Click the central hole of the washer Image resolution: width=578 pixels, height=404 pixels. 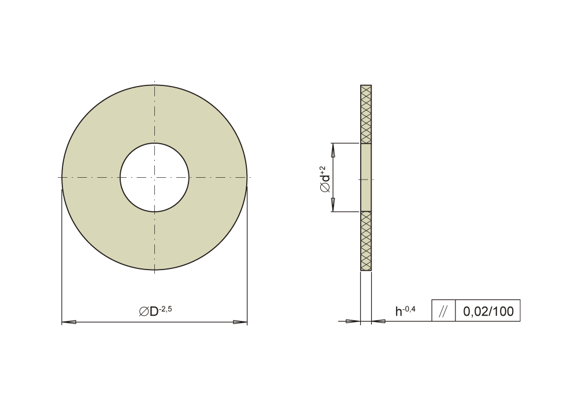(x=154, y=178)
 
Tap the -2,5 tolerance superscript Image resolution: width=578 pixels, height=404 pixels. (x=165, y=309)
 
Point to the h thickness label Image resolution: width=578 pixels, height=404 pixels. (x=398, y=312)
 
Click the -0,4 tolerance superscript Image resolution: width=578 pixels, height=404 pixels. (x=409, y=309)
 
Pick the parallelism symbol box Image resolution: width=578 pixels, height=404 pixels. (x=443, y=311)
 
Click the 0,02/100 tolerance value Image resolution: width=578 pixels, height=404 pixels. (x=488, y=311)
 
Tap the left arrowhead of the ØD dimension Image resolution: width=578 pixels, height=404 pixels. (x=69, y=322)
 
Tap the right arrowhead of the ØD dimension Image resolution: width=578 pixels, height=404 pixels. (x=240, y=322)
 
